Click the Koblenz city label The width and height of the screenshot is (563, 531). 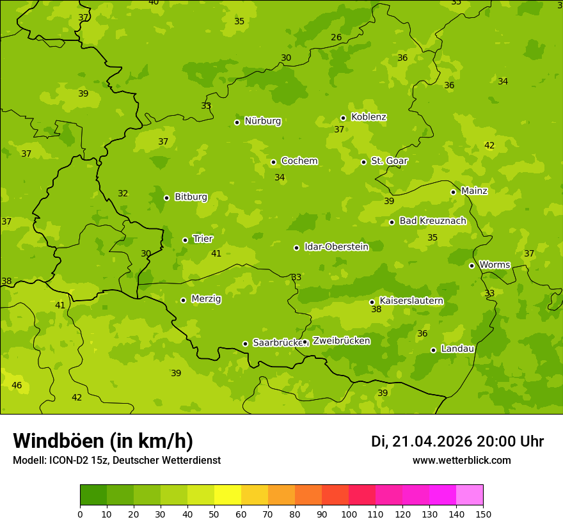click(x=369, y=117)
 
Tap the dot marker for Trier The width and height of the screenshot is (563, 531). click(x=186, y=240)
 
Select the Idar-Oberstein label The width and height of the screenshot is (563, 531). click(x=336, y=247)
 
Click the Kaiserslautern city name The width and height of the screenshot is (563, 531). click(x=411, y=301)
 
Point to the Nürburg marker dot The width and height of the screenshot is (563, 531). click(x=237, y=122)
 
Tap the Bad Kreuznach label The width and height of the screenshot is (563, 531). click(x=432, y=221)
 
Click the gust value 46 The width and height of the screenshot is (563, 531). click(x=17, y=385)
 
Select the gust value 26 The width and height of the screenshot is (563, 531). click(x=337, y=37)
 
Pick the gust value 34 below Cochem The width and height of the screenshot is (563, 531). click(x=280, y=177)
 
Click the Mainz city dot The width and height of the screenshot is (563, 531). click(x=453, y=192)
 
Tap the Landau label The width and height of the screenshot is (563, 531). click(x=457, y=349)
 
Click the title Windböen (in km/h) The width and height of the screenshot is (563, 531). click(x=102, y=441)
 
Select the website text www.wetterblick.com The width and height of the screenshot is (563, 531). click(x=461, y=461)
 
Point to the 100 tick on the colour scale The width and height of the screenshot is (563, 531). click(x=349, y=513)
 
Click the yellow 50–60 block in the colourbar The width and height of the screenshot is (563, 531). click(x=228, y=495)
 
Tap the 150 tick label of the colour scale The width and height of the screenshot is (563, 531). click(x=483, y=513)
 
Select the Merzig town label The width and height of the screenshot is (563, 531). click(x=206, y=299)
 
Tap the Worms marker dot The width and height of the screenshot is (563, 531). click(x=472, y=265)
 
